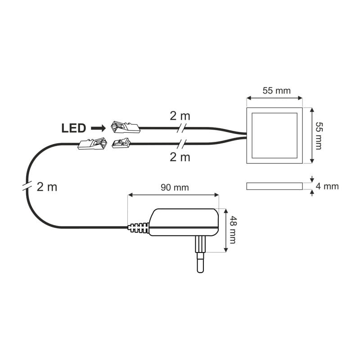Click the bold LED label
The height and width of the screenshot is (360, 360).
[x=74, y=128]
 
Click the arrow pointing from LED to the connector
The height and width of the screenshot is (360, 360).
[x=98, y=128]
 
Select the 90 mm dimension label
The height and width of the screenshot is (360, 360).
[x=175, y=188]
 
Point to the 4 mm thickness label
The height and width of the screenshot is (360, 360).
[x=327, y=186]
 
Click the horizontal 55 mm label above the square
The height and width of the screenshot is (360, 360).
[x=277, y=91]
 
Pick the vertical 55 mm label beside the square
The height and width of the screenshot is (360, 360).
[x=319, y=136]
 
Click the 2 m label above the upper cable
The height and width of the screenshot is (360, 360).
[x=180, y=116]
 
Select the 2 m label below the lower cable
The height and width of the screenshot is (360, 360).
[x=180, y=157]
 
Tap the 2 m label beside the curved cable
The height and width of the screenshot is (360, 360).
[x=47, y=187]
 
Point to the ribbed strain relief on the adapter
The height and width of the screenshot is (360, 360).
[x=139, y=228]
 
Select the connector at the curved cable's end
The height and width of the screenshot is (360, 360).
[x=93, y=144]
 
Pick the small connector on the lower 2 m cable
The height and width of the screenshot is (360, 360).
[x=121, y=144]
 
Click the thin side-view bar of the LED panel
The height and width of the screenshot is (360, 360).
[x=274, y=186]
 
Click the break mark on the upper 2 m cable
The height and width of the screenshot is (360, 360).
[x=181, y=128]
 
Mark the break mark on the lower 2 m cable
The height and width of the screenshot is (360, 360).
[x=181, y=144]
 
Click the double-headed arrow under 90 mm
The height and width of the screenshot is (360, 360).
[x=173, y=195]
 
